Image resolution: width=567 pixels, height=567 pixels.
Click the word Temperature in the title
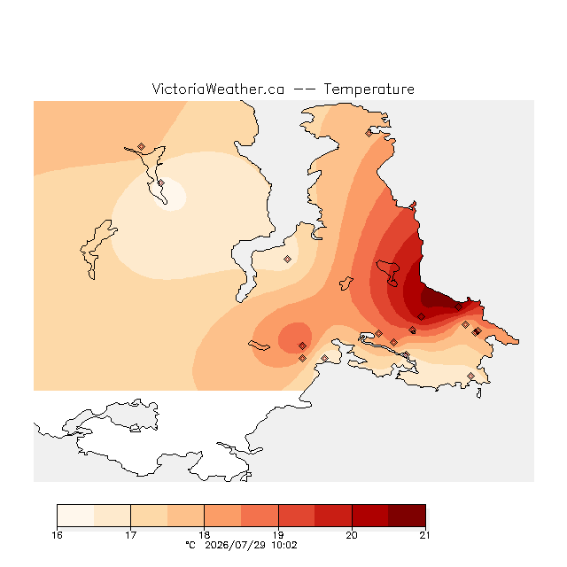tap(369, 89)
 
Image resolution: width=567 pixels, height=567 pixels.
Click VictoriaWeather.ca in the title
tap(218, 89)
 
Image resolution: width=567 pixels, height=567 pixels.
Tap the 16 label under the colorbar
tap(57, 535)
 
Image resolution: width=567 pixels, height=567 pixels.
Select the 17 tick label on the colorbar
tap(130, 535)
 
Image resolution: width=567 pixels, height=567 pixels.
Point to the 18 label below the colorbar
tap(205, 535)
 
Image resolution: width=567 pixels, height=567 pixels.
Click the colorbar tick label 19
tap(278, 535)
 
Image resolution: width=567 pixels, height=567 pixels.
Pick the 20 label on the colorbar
tap(352, 535)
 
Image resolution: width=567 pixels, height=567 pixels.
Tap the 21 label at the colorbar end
tap(425, 535)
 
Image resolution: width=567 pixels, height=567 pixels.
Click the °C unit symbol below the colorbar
tap(190, 545)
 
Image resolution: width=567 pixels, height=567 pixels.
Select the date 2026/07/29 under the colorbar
tap(236, 545)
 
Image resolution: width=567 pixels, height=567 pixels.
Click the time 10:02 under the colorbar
tap(284, 545)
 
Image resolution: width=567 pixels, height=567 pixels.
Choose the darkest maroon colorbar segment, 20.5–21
tap(407, 516)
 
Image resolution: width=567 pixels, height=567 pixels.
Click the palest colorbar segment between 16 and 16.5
tap(75, 516)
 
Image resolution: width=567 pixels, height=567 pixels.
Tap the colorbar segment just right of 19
tap(297, 516)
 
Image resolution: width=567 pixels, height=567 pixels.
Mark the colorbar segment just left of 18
tap(186, 516)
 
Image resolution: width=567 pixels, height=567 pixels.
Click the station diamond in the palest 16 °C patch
tap(161, 183)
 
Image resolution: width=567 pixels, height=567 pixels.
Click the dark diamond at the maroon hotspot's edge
tap(458, 307)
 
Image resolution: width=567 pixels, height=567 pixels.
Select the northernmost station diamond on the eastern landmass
tap(369, 134)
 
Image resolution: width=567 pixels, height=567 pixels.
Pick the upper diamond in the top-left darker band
tap(142, 146)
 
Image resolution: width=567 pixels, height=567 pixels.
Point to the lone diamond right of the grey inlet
tap(287, 259)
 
